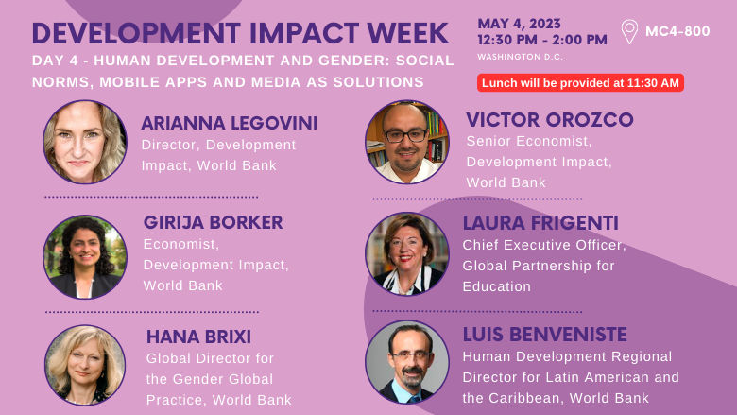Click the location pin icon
tap(629, 31)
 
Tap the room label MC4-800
tap(677, 32)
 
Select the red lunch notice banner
tap(580, 83)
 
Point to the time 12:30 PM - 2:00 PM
tap(541, 40)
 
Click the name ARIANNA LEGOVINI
tap(229, 124)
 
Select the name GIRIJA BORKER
tap(213, 222)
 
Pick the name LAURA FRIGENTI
tap(540, 223)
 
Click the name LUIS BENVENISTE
tap(544, 335)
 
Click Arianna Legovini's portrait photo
tap(85, 142)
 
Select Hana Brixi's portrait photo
tap(85, 365)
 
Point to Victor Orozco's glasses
tap(406, 135)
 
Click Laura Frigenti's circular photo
tap(407, 253)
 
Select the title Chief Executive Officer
tap(543, 245)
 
